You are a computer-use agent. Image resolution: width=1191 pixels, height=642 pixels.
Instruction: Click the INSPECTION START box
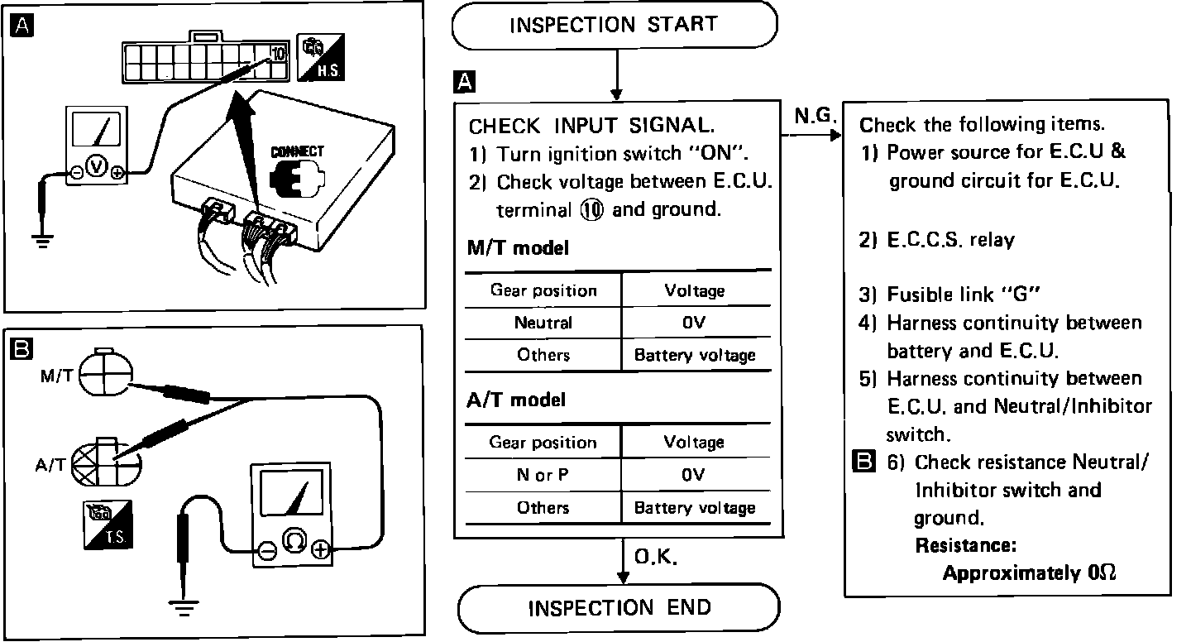point(615,25)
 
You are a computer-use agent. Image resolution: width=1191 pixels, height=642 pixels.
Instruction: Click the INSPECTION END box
point(619,608)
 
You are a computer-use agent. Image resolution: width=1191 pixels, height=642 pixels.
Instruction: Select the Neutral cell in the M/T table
point(543,323)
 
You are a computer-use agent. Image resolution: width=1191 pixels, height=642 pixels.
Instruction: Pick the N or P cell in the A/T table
point(543,475)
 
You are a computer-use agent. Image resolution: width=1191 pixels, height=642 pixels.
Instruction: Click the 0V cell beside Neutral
point(694,323)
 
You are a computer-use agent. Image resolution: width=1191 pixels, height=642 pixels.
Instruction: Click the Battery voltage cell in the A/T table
point(694,507)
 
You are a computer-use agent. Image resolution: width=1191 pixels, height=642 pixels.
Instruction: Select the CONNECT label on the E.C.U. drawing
point(298,152)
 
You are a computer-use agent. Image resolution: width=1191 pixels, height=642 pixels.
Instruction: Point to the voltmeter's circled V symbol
point(97,168)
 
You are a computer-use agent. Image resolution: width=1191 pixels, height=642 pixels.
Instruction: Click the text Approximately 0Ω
point(1030,573)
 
